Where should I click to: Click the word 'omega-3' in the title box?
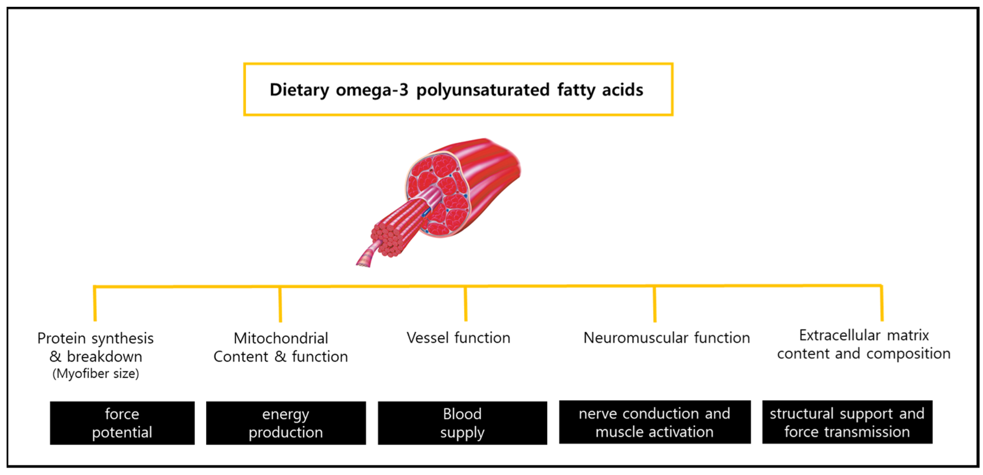click(372, 90)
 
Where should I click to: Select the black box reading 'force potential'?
click(122, 423)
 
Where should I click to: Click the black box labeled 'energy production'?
click(286, 423)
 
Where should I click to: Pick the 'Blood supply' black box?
click(462, 423)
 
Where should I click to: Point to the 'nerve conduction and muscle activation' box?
click(655, 422)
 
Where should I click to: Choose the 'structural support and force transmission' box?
click(847, 422)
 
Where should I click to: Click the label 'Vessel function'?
click(458, 338)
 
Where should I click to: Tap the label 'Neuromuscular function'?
click(666, 338)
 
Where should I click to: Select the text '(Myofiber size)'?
click(96, 374)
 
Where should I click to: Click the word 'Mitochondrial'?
click(281, 338)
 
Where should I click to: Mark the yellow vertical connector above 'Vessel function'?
click(466, 304)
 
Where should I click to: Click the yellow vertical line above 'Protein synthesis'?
click(95, 304)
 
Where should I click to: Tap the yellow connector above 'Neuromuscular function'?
click(655, 304)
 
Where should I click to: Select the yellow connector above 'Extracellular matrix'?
click(882, 303)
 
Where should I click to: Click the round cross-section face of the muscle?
click(439, 195)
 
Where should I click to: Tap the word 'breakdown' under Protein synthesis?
click(105, 357)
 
